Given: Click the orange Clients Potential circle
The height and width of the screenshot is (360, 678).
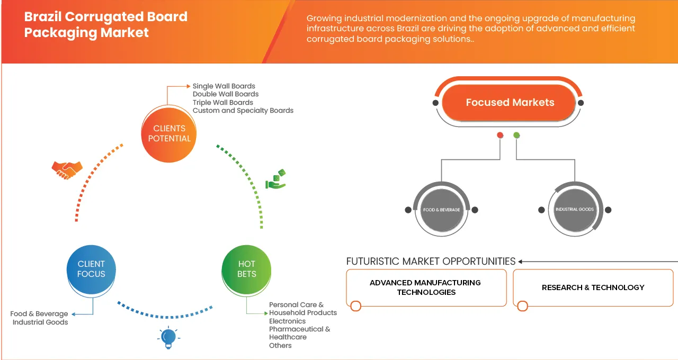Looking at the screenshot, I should (x=169, y=133).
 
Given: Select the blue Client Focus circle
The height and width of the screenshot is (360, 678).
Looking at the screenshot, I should (x=91, y=269).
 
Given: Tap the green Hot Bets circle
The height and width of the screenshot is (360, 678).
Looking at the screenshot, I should (x=246, y=269).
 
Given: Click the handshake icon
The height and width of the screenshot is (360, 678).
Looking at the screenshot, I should (x=67, y=169).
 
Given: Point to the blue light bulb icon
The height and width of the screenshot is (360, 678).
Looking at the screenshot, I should (x=168, y=337).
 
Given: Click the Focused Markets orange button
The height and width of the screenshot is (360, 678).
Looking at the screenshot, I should (x=510, y=103).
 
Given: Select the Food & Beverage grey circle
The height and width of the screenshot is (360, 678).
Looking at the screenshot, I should (x=441, y=210).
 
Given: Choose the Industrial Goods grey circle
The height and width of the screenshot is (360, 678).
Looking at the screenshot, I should (x=575, y=210).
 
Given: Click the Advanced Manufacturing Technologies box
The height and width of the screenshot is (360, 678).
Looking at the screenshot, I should (x=425, y=287).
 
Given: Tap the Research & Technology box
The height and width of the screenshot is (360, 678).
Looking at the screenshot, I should (x=593, y=287).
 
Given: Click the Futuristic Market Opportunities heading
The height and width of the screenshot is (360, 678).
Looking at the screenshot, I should (x=431, y=261).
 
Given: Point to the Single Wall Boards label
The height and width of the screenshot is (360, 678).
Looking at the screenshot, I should (x=224, y=86).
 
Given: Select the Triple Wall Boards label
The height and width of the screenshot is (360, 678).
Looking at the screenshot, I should (x=222, y=102).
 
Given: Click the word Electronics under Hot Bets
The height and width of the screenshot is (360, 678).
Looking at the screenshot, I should (x=287, y=321).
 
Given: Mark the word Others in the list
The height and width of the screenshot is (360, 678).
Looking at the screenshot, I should (x=280, y=345).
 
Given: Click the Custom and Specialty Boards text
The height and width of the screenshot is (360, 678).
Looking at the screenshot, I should (x=243, y=111).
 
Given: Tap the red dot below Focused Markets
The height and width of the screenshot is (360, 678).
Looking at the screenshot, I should (x=499, y=136).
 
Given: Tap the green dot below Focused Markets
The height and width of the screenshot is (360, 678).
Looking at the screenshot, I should (x=516, y=136).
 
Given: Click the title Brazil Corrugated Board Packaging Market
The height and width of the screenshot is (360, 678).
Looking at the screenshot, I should (x=105, y=24).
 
